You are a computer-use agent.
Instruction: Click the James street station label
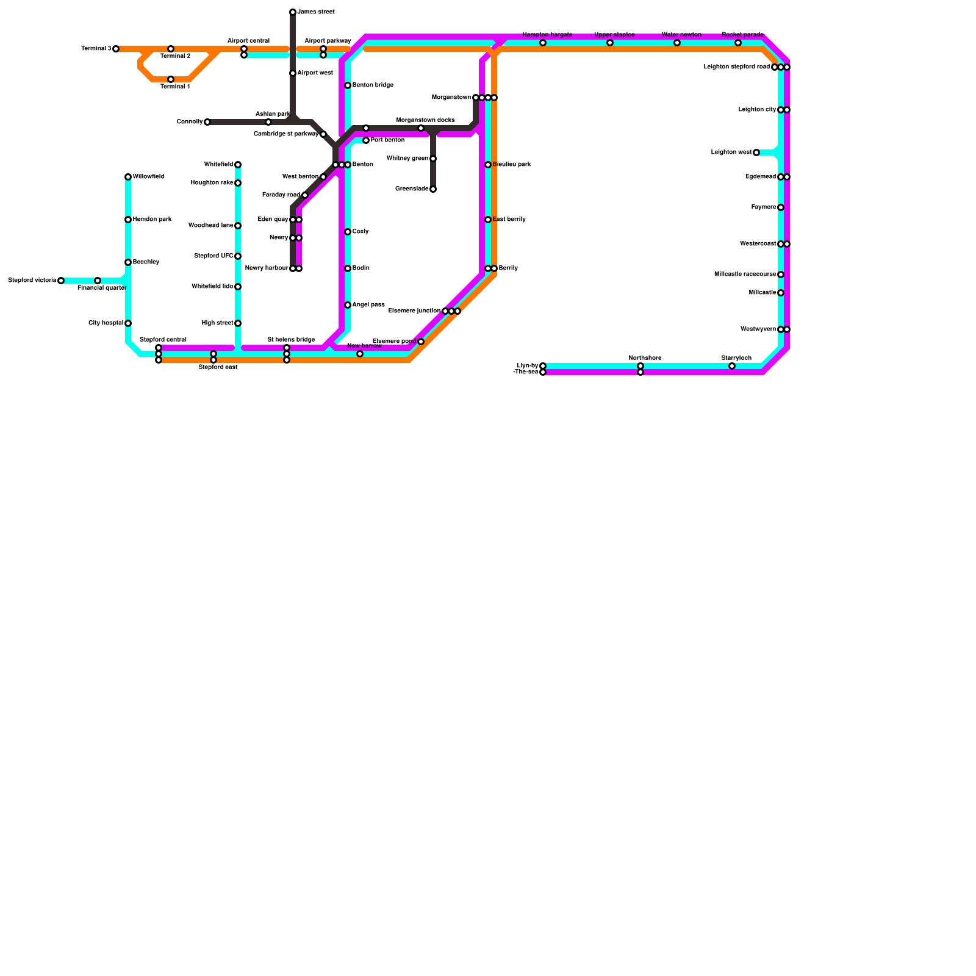pyautogui.click(x=315, y=12)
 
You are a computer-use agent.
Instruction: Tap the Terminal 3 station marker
pyautogui.click(x=116, y=49)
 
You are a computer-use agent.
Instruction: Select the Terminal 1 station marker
pyautogui.click(x=171, y=79)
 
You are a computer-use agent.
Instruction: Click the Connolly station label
pyautogui.click(x=189, y=122)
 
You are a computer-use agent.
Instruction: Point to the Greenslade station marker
pyautogui.click(x=433, y=189)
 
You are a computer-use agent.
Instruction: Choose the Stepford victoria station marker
pyautogui.click(x=61, y=281)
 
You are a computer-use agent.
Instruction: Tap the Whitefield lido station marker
pyautogui.click(x=238, y=287)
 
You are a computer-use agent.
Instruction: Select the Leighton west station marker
pyautogui.click(x=756, y=152)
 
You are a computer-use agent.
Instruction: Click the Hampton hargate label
pyautogui.click(x=547, y=35)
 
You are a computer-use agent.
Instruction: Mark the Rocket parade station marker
pyautogui.click(x=738, y=43)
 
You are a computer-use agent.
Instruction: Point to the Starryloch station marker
pyautogui.click(x=732, y=366)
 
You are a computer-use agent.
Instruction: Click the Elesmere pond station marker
pyautogui.click(x=421, y=342)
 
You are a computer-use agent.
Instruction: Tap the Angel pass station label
pyautogui.click(x=368, y=305)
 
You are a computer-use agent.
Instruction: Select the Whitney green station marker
pyautogui.click(x=433, y=159)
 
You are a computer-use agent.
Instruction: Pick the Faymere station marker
pyautogui.click(x=781, y=207)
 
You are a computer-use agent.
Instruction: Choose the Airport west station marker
pyautogui.click(x=293, y=73)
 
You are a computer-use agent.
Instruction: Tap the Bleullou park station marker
pyautogui.click(x=488, y=165)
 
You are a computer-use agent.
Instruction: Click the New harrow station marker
pyautogui.click(x=360, y=354)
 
